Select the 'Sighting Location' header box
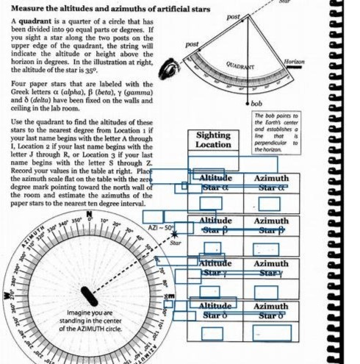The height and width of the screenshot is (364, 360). point(213,140)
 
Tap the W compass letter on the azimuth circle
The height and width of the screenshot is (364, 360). point(7,296)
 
